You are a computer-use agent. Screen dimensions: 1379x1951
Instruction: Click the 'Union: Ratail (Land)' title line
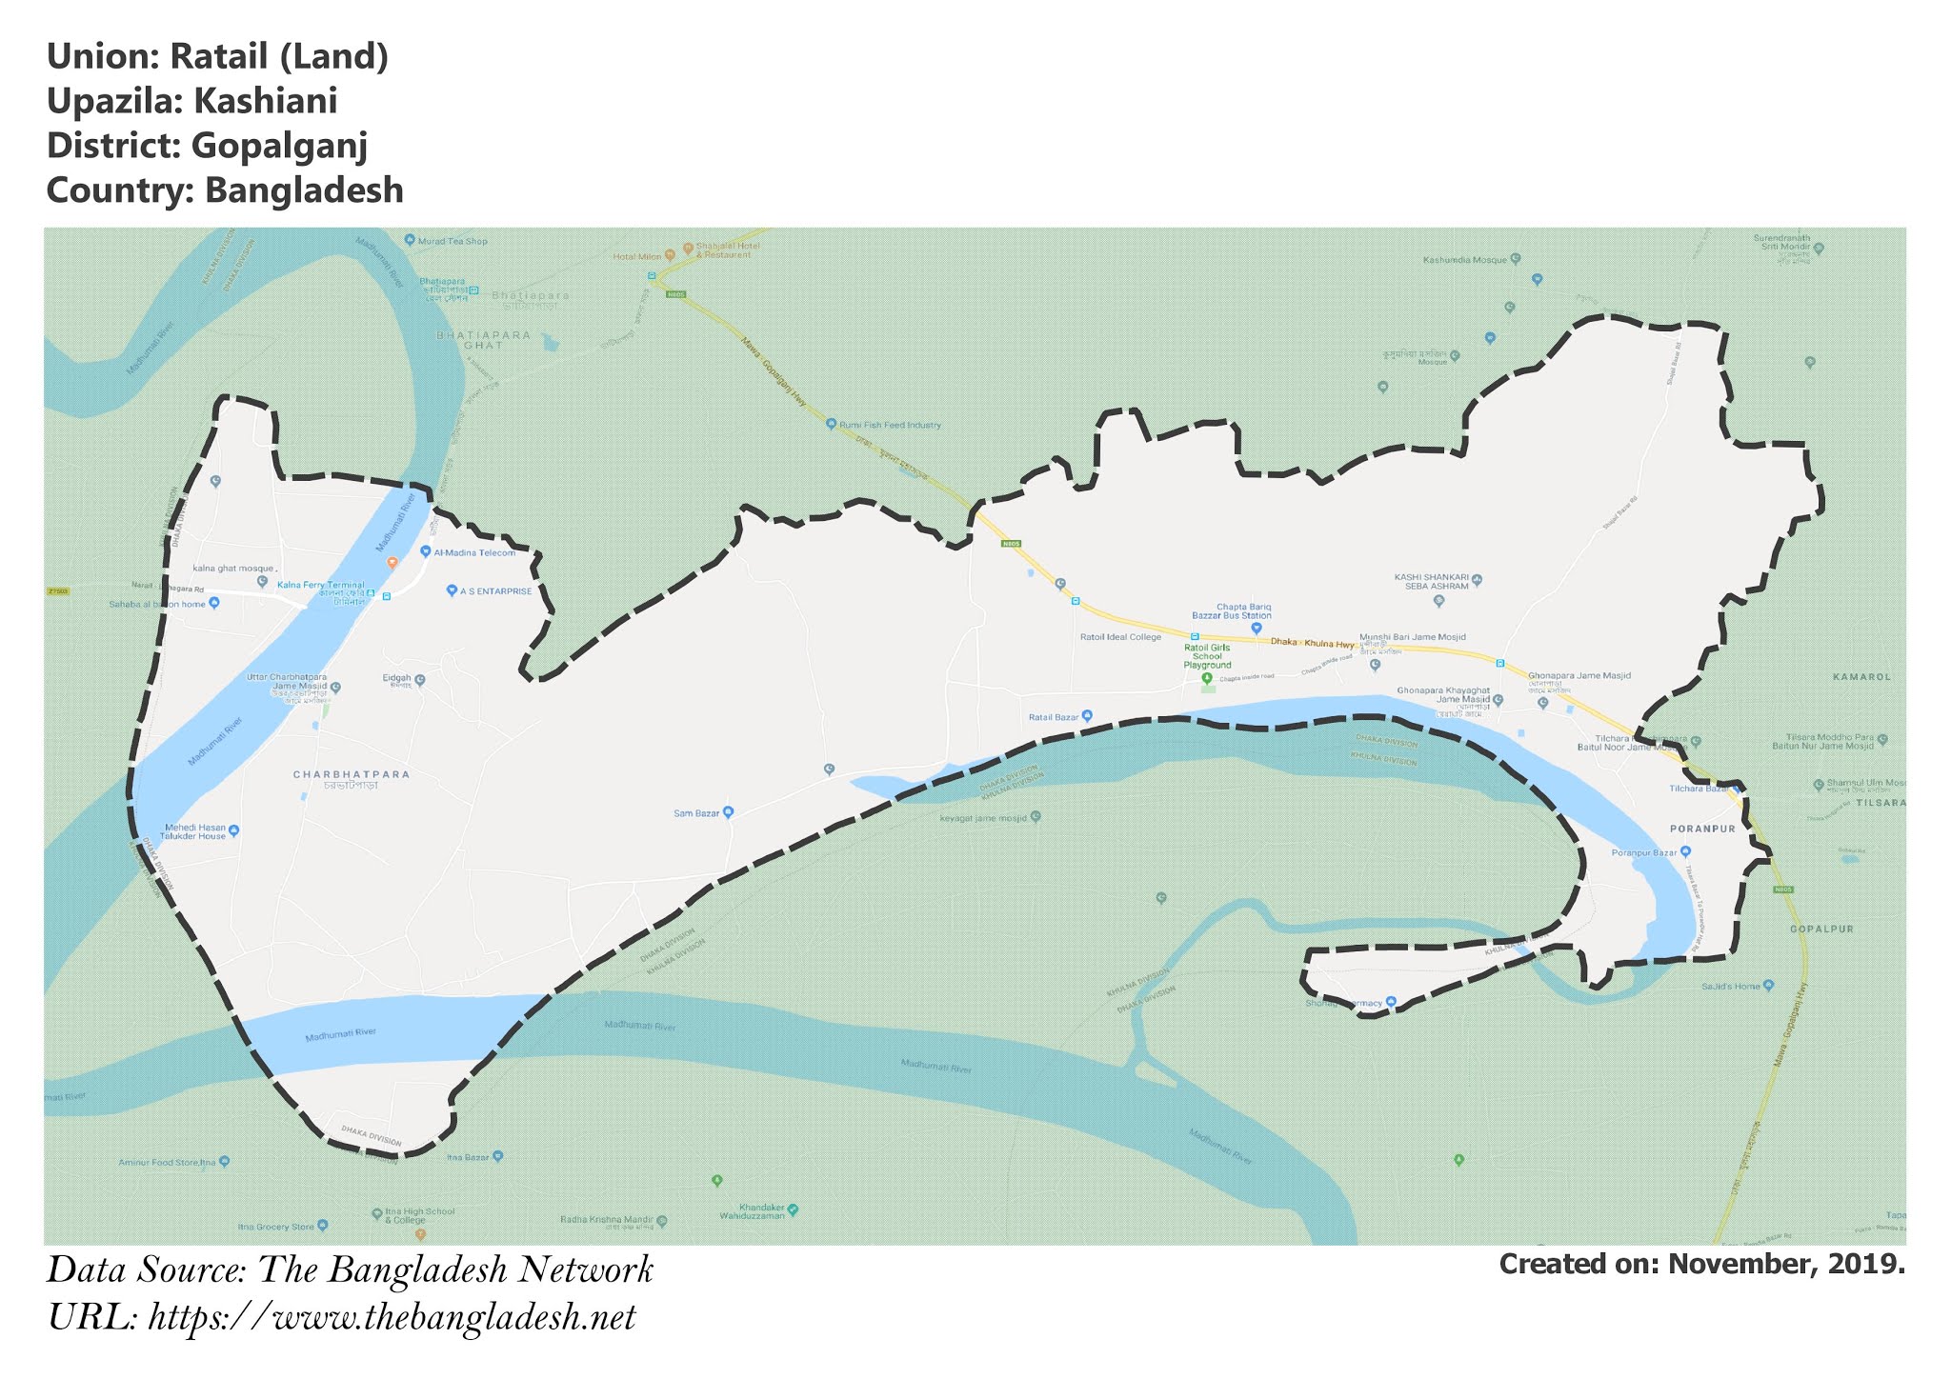[x=217, y=57]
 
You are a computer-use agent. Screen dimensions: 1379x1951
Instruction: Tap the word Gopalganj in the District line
[x=279, y=146]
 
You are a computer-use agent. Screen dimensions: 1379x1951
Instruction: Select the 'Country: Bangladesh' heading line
[x=225, y=190]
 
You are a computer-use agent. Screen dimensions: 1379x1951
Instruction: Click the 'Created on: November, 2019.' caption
[x=1701, y=1264]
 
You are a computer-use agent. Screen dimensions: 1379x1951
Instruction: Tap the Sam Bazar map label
[x=696, y=813]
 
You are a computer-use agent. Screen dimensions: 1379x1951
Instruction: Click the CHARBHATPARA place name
[x=352, y=774]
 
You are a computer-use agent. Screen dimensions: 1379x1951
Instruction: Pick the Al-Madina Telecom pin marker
[x=425, y=552]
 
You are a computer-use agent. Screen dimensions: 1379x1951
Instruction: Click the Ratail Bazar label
[x=1053, y=716]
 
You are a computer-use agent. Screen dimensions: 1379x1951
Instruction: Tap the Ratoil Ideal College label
[x=1120, y=637]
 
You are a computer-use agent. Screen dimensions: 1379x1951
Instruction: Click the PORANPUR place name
[x=1702, y=829]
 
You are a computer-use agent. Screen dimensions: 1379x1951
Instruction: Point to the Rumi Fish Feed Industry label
[x=890, y=425]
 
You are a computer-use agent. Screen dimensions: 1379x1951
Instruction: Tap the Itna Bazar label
[x=468, y=1157]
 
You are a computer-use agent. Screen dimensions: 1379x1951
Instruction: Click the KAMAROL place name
[x=1860, y=677]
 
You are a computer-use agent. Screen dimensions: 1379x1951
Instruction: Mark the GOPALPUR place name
[x=1821, y=929]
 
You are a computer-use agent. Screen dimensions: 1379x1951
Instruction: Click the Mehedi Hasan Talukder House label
[x=194, y=831]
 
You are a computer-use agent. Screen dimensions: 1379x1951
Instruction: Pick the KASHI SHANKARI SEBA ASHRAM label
[x=1431, y=581]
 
